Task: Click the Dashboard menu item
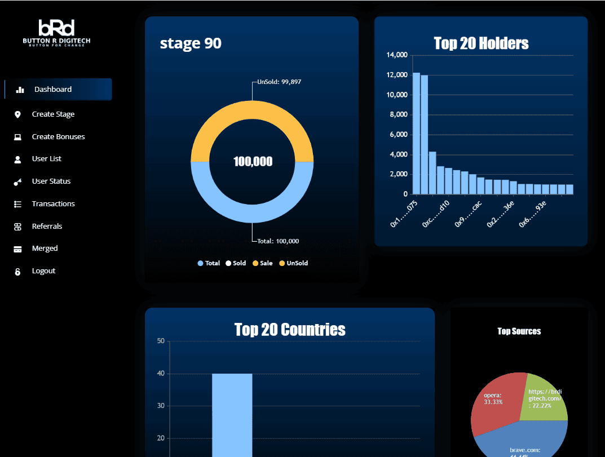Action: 52,89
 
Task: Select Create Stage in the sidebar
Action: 52,114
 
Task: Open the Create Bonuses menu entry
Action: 58,137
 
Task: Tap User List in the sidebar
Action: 46,159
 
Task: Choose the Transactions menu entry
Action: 53,204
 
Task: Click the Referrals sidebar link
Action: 47,227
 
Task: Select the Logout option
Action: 43,271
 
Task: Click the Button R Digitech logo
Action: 56,33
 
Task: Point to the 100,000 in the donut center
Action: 253,162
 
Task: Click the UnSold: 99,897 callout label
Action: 279,82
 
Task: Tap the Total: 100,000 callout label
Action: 278,241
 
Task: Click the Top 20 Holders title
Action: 481,43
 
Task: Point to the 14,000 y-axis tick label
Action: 397,55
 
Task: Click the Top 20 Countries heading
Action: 290,330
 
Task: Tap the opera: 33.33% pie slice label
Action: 493,398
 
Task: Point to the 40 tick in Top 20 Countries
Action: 161,374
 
